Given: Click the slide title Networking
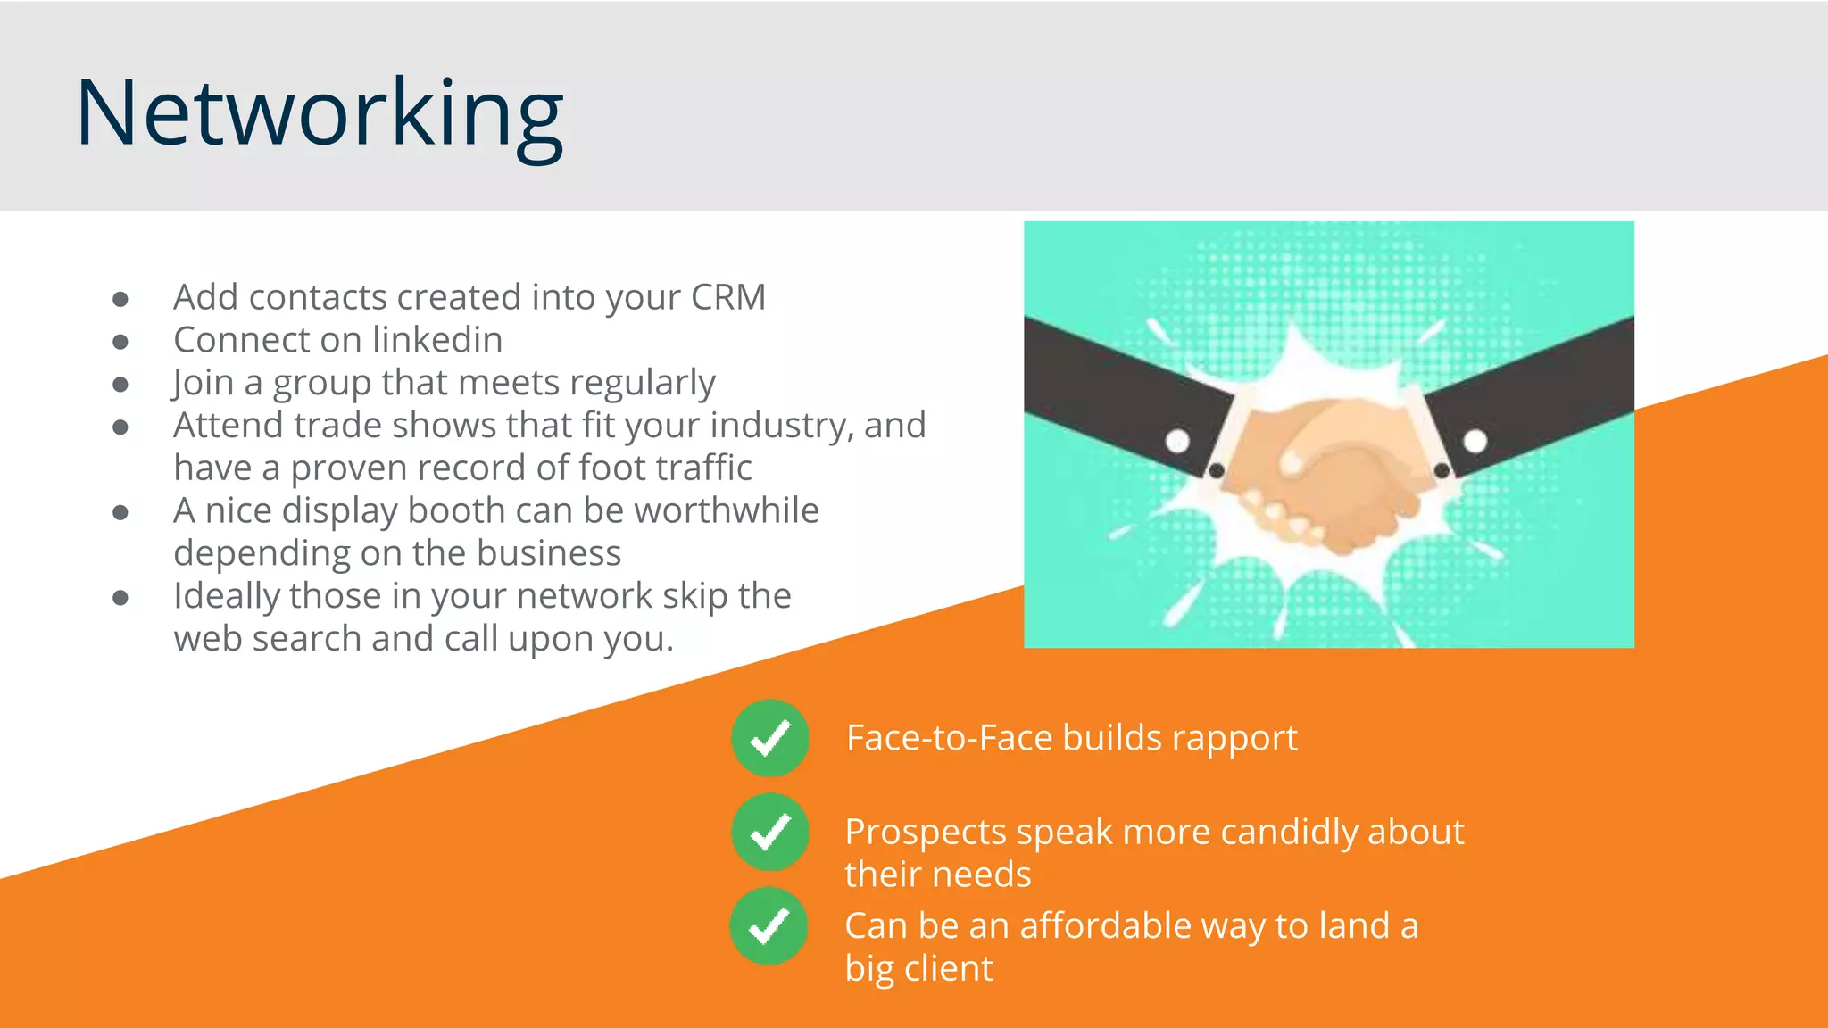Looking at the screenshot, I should click(x=320, y=114).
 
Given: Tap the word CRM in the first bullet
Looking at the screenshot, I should click(x=727, y=297).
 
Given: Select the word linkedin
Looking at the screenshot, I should click(x=437, y=340).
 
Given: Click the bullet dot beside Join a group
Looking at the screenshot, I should click(x=120, y=385).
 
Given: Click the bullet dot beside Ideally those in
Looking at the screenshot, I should click(x=120, y=598).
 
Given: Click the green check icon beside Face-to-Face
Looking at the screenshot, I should click(x=769, y=738).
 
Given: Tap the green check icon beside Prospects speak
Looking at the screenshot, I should click(x=769, y=832).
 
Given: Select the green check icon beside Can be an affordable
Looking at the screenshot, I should click(x=769, y=925).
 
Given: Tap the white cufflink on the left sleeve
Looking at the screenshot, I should click(x=1177, y=441).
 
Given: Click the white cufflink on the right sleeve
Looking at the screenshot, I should click(x=1475, y=441).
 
